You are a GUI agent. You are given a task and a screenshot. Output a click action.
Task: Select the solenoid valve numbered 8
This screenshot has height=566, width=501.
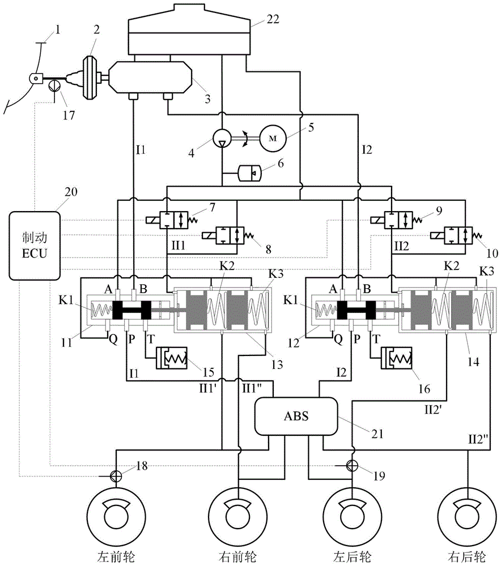click(x=224, y=234)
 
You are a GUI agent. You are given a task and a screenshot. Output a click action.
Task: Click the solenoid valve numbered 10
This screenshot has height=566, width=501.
click(x=450, y=234)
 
